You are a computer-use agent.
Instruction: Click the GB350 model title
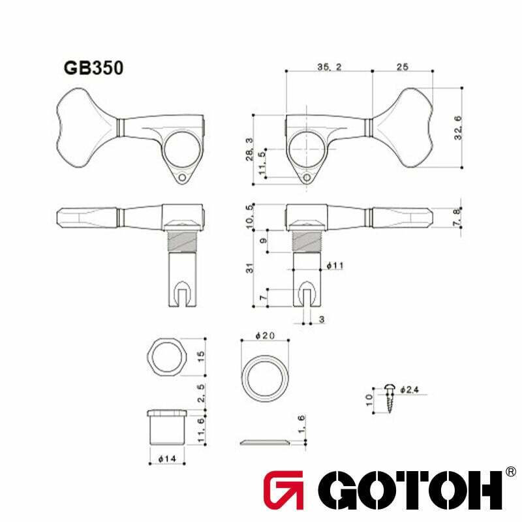[x=93, y=69]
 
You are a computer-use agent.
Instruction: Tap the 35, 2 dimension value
[x=330, y=67]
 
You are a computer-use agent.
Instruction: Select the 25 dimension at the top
[x=402, y=67]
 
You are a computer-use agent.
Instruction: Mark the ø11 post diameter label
[x=335, y=266]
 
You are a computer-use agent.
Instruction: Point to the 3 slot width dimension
[x=322, y=318]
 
